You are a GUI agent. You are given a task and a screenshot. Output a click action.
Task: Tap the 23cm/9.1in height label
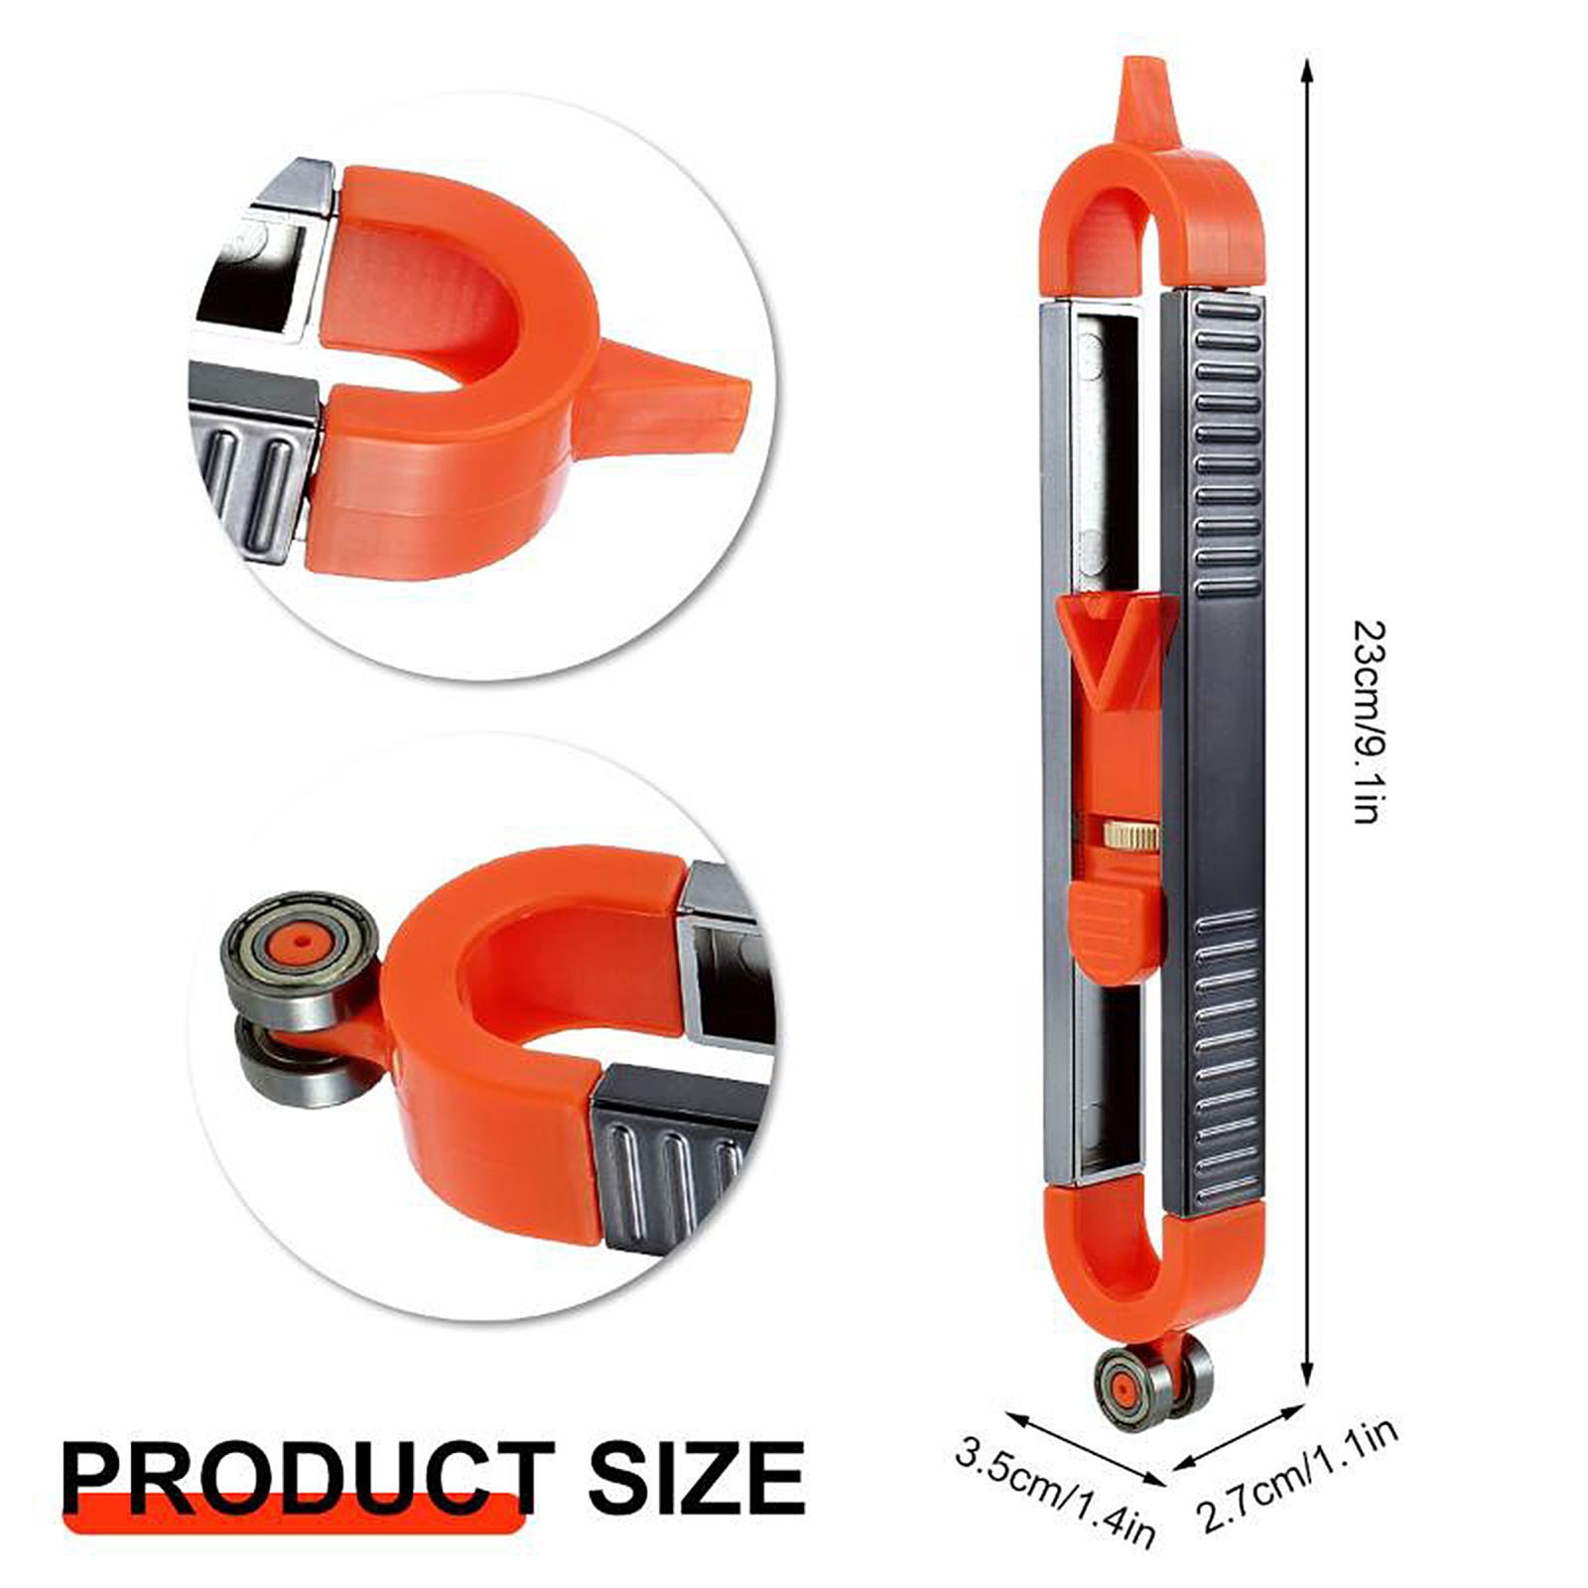coord(1367,723)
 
